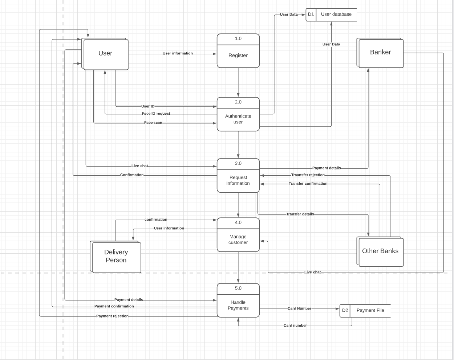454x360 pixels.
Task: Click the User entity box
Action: coord(105,53)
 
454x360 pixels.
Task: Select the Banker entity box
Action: coord(380,52)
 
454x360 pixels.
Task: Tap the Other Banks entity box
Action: coord(380,251)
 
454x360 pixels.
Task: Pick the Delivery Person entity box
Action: coord(116,256)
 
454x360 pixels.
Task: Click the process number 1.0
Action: coord(238,39)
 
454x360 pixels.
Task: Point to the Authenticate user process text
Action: coord(238,119)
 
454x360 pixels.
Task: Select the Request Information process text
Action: coord(238,180)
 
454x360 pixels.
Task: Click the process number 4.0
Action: coord(238,223)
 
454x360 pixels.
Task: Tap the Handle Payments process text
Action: coord(238,305)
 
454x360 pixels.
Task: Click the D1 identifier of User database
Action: coord(311,15)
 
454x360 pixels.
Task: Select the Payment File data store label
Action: coord(370,310)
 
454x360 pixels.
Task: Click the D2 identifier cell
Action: coord(345,310)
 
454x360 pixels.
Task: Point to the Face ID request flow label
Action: coord(156,114)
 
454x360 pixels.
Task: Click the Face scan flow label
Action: coord(153,123)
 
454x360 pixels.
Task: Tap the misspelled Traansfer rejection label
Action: coord(308,175)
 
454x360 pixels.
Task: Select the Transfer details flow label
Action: coord(300,214)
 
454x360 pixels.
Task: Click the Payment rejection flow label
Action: coord(112,316)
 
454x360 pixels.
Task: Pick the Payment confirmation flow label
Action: coord(114,306)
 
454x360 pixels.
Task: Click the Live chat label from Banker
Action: coord(312,272)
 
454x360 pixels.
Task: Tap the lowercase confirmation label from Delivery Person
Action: coord(156,220)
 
